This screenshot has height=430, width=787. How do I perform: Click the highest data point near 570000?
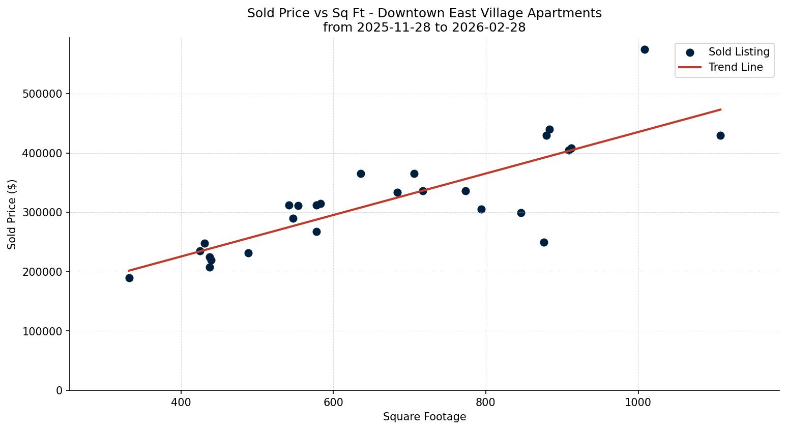pyautogui.click(x=645, y=50)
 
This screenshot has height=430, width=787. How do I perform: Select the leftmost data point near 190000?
pyautogui.click(x=129, y=278)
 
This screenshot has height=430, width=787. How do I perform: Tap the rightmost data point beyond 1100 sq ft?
pyautogui.click(x=720, y=135)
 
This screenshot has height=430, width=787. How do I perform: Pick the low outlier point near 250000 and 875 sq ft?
pyautogui.click(x=544, y=242)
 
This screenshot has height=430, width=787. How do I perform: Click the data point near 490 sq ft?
pyautogui.click(x=248, y=253)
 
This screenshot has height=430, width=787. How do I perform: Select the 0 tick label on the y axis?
pyautogui.click(x=60, y=390)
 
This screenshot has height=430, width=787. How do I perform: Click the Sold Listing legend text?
pyautogui.click(x=739, y=52)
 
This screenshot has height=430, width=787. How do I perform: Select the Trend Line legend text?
pyautogui.click(x=736, y=67)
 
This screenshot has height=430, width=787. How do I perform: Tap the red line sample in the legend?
pyautogui.click(x=690, y=67)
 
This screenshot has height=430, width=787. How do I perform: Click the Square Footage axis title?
pyautogui.click(x=424, y=417)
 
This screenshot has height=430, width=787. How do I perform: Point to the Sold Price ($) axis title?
pyautogui.click(x=12, y=214)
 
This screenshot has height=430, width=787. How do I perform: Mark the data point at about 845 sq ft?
pyautogui.click(x=521, y=213)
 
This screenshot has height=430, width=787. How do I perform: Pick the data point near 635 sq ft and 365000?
pyautogui.click(x=361, y=174)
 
